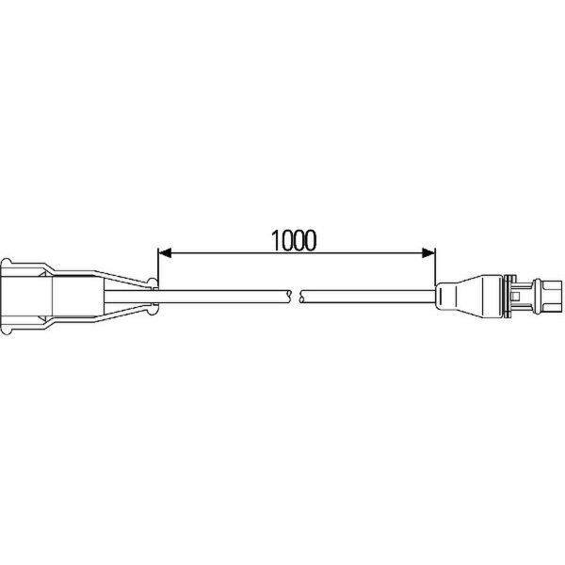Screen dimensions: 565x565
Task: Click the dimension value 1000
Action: click(294, 240)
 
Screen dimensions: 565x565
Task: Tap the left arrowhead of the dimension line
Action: click(165, 253)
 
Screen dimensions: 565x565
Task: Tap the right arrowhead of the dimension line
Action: click(428, 253)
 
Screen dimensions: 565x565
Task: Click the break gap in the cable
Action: click(296, 297)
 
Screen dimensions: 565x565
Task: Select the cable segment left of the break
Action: click(223, 297)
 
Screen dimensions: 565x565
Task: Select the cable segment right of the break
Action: click(368, 297)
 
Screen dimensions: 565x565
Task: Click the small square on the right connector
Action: click(516, 297)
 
